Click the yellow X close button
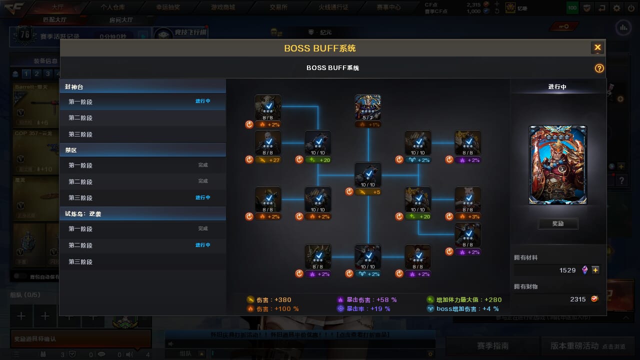pos(597,47)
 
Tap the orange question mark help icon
pos(599,68)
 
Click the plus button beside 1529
pos(595,270)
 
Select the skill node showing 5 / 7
pos(368,107)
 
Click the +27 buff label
pos(268,160)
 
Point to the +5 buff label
pos(368,192)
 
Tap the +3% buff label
pos(468,216)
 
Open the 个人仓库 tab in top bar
pos(112,7)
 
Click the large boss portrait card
pos(557,164)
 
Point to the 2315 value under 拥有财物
pos(577,299)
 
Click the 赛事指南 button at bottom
pos(492,345)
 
